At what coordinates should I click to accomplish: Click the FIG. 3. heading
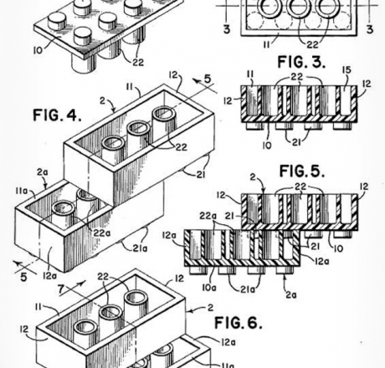click(301, 62)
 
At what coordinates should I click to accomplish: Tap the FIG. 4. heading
click(57, 115)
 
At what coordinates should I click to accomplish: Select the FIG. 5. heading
click(302, 171)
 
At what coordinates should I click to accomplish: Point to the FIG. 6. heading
click(239, 323)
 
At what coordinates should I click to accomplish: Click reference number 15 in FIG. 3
click(346, 70)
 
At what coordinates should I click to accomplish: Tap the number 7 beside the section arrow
click(62, 289)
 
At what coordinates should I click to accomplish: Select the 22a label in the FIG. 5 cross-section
click(208, 216)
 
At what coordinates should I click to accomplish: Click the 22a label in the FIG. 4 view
click(102, 233)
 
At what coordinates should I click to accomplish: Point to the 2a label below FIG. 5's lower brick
click(291, 294)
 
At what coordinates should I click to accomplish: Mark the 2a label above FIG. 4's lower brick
click(43, 172)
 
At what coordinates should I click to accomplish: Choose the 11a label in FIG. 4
click(22, 191)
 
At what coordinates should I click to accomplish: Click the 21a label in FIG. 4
click(140, 248)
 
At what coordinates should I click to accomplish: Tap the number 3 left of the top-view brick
click(227, 29)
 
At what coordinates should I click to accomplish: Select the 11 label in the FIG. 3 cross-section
click(250, 74)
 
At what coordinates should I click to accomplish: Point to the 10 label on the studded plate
click(38, 50)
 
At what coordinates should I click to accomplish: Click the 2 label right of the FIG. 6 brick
click(210, 308)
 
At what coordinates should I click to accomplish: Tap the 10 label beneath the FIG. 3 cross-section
click(267, 146)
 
